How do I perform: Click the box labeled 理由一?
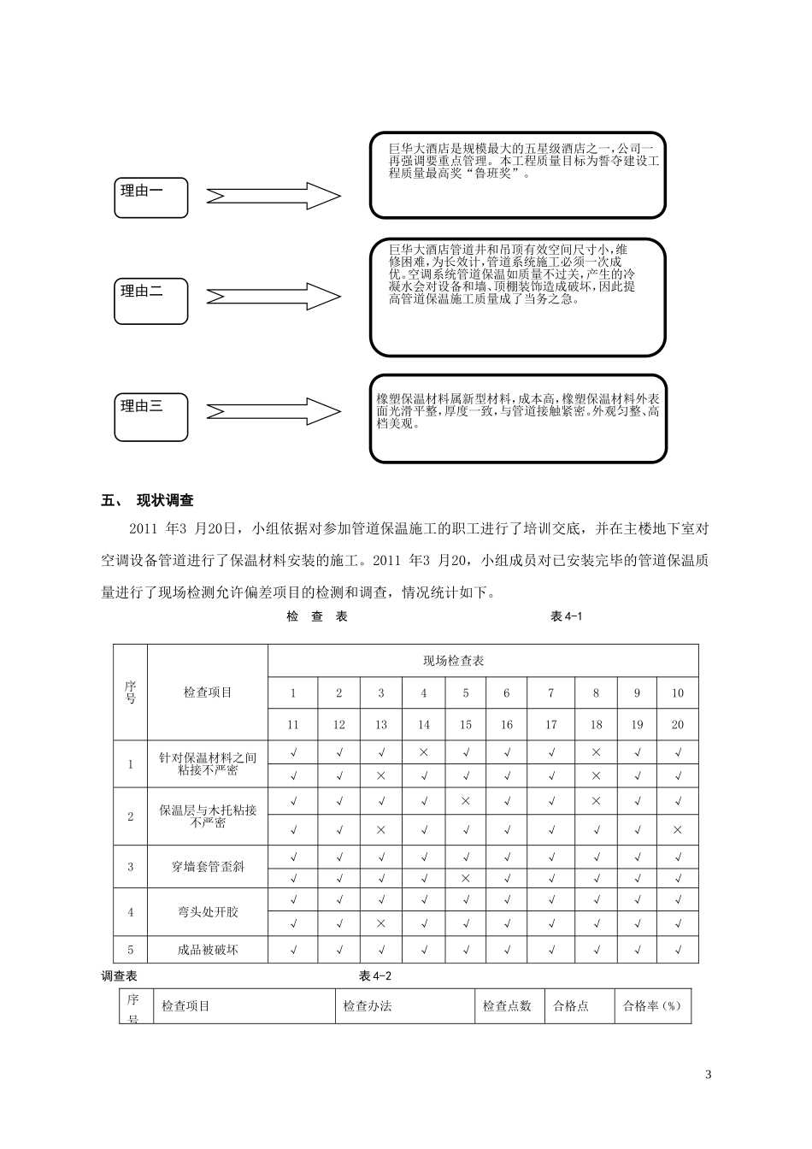click(150, 197)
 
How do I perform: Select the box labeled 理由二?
click(150, 299)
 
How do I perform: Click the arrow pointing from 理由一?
click(274, 197)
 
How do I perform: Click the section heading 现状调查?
click(165, 500)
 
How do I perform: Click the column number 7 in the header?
click(550, 693)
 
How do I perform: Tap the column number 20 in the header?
click(677, 725)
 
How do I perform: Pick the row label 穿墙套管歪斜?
click(208, 867)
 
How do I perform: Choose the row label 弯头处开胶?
click(208, 912)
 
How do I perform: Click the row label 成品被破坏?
click(208, 950)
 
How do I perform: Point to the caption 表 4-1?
click(567, 616)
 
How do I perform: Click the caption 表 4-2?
click(376, 976)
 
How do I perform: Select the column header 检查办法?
click(367, 1006)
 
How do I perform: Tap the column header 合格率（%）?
click(651, 1006)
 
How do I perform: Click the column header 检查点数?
click(507, 1006)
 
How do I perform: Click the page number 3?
click(708, 1075)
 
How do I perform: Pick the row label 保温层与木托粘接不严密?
click(208, 816)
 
